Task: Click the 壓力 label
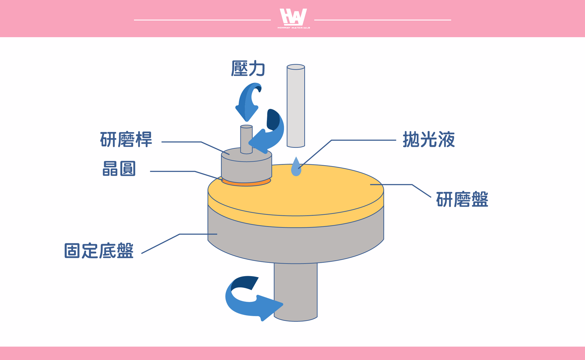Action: tap(248, 68)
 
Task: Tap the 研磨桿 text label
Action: tap(126, 140)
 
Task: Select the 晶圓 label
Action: tap(119, 169)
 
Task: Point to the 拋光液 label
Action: tap(429, 140)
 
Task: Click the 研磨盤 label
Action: tap(462, 200)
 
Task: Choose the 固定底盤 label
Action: tap(99, 251)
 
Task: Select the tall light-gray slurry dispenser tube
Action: tap(296, 106)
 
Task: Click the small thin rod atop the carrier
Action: tap(246, 139)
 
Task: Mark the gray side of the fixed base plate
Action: tap(296, 244)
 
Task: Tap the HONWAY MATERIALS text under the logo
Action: tap(294, 28)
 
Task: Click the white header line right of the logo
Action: tap(383, 20)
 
